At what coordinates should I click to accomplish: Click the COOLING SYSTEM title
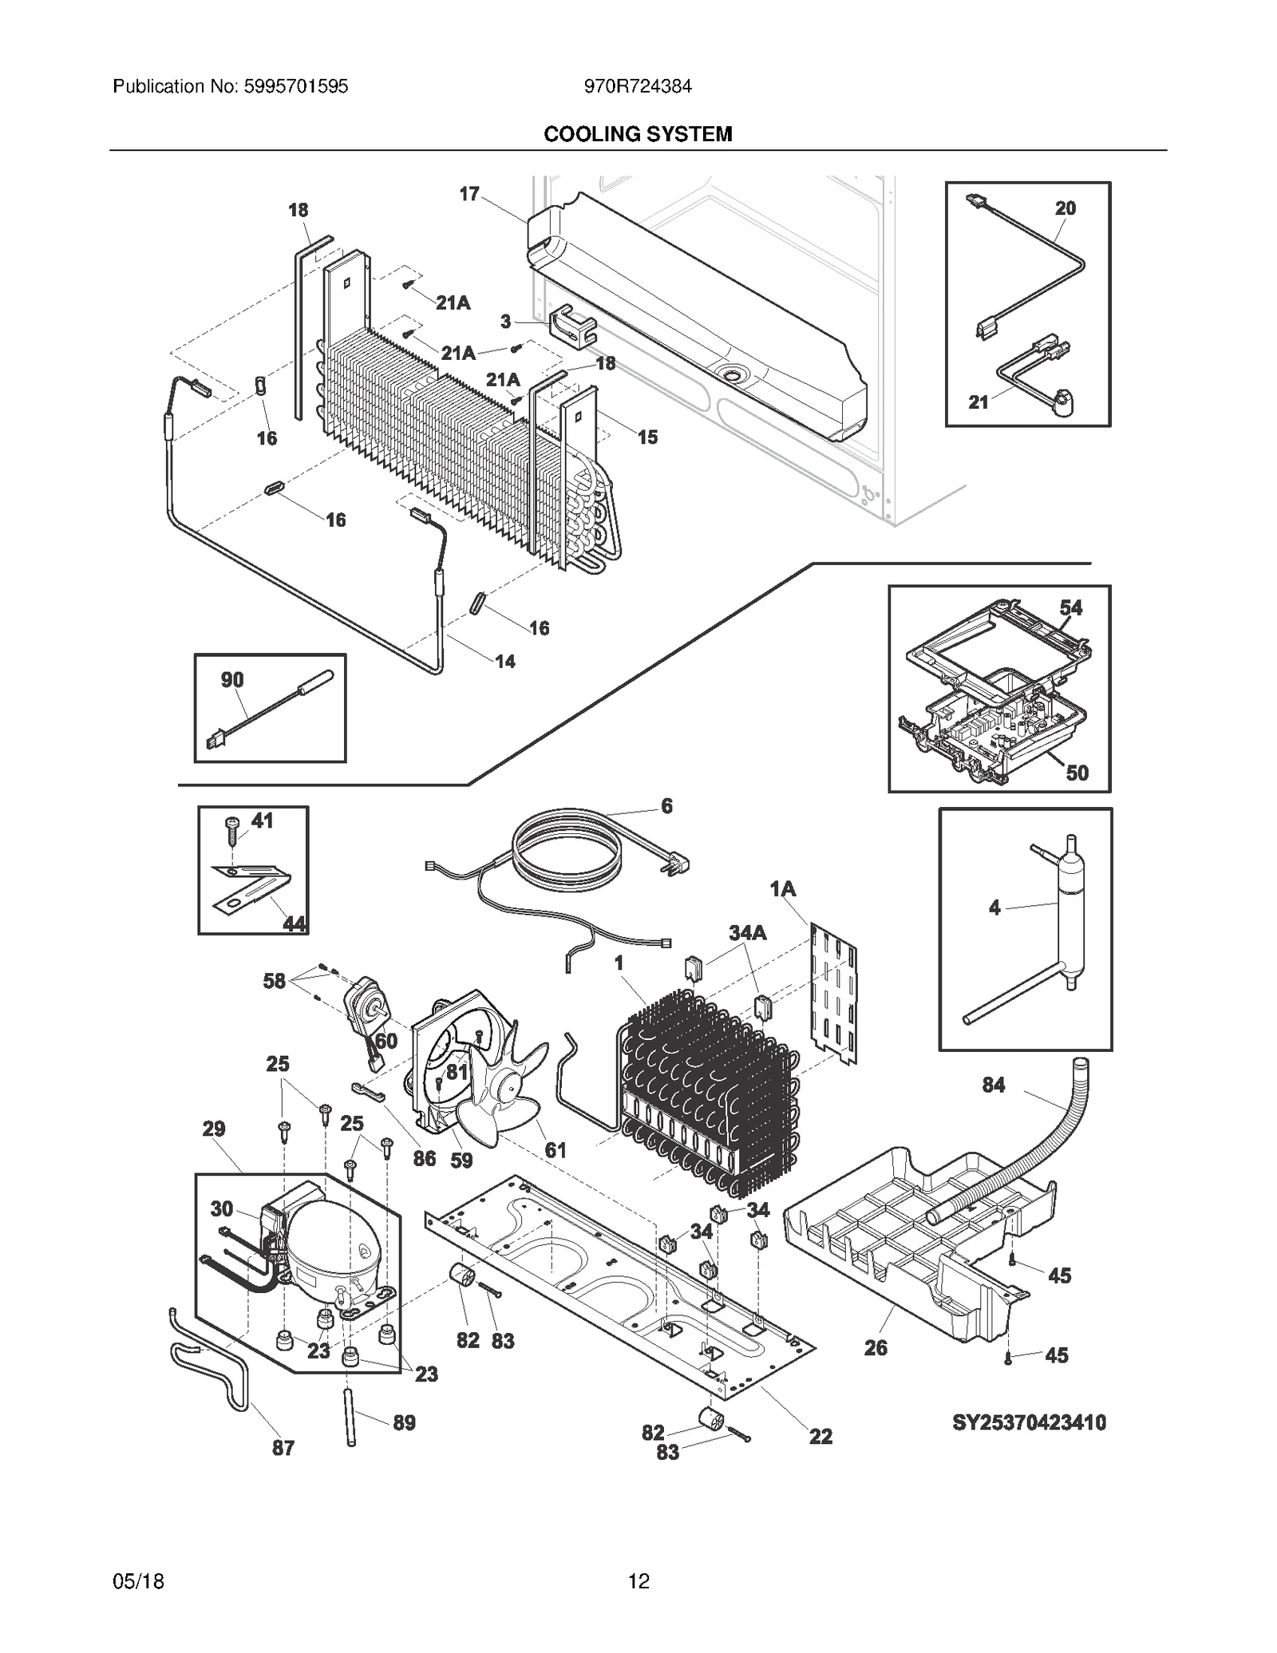point(638,134)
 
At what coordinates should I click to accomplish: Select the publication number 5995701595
point(230,86)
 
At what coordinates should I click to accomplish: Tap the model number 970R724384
point(638,86)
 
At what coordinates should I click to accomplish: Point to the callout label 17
point(469,194)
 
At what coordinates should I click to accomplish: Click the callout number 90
point(232,680)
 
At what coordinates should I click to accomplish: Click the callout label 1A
point(783,888)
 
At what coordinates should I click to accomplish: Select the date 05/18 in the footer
point(139,1581)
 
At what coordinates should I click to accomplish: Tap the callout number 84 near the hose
point(993,1085)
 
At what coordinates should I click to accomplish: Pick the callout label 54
point(1070,608)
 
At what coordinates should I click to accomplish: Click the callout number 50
point(1077,773)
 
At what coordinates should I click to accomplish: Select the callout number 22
point(820,1437)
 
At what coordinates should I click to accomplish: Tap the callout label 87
point(283,1448)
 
